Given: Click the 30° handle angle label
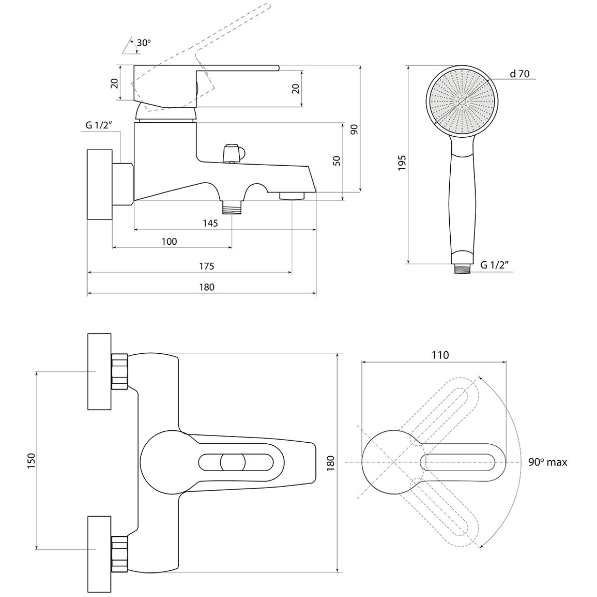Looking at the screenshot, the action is (144, 43).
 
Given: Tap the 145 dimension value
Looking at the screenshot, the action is (210, 223).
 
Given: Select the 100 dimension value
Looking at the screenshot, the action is (169, 241).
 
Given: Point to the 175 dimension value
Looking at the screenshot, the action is (206, 266).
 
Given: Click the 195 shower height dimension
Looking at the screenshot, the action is (402, 163).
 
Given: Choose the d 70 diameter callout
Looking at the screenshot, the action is (520, 74).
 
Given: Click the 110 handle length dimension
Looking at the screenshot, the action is (440, 355).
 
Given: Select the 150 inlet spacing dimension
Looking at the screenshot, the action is (32, 461).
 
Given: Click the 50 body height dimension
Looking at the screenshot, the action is (337, 161).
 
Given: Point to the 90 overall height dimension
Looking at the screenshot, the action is (354, 129).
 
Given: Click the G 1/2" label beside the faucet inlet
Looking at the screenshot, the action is (99, 125).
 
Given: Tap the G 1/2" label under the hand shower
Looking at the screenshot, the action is (495, 265).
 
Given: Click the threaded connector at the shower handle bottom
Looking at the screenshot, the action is (462, 269).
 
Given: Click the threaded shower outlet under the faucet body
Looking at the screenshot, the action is (232, 207).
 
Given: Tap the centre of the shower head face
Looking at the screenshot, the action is (462, 101).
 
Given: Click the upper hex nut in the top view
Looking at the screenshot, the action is (119, 372).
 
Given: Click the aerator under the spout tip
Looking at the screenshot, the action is (292, 196).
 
